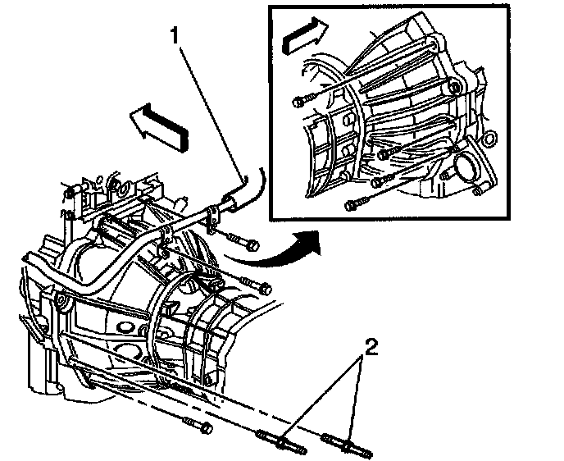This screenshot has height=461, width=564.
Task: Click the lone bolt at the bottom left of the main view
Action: pos(194,426)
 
